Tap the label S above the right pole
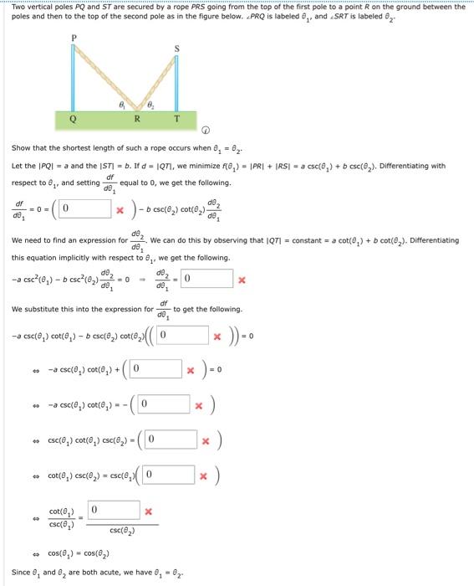(x=176, y=47)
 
